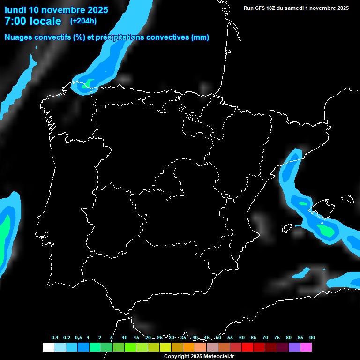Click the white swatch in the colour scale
[48, 347]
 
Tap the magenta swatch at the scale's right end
[306, 347]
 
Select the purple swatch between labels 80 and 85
[294, 347]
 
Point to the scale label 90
[312, 337]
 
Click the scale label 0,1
[55, 337]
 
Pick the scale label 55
[230, 337]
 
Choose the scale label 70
[265, 337]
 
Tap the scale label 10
[124, 337]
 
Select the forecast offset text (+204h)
[83, 21]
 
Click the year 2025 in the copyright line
[194, 357]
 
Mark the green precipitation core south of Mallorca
[325, 230]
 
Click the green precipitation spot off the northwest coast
[87, 84]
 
